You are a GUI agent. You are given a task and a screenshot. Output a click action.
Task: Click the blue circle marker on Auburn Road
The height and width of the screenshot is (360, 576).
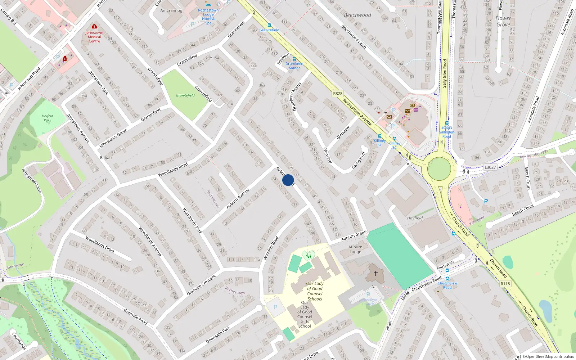pos(288,180)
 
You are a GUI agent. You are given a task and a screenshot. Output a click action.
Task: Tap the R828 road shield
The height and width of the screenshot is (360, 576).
pos(338,94)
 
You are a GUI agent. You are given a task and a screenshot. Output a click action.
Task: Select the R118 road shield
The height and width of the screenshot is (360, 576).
pos(505,284)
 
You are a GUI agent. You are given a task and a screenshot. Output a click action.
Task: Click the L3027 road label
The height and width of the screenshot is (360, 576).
pos(490,167)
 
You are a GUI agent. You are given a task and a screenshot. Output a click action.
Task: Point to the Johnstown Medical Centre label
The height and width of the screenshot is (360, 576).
pos(94,37)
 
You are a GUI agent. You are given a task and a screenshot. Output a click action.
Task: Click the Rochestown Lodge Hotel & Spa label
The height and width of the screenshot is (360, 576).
pos(208,17)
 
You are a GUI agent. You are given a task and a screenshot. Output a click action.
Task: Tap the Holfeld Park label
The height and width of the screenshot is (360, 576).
pos(48,118)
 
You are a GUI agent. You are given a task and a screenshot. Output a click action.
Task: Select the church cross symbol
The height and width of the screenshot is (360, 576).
pos(375,274)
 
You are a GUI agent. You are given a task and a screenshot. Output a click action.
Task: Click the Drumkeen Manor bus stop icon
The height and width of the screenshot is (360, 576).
pos(294,59)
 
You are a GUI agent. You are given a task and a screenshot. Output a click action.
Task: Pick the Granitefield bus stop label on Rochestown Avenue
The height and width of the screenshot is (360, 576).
pos(269,30)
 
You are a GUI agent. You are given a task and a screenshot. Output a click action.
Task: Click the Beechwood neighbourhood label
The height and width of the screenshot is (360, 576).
pos(357,15)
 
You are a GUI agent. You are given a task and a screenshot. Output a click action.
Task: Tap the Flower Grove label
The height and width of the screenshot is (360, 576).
pos(503,21)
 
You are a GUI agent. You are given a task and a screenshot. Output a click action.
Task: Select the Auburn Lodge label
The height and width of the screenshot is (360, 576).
pos(355,249)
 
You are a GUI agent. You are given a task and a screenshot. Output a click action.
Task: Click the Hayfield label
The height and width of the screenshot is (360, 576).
pos(415,218)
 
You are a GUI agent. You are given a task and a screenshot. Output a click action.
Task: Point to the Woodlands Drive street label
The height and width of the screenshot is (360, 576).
pos(100,244)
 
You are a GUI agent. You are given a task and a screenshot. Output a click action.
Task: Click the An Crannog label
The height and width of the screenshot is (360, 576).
pos(171,10)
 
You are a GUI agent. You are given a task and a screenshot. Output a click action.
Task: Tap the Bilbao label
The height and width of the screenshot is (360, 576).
pos(106,158)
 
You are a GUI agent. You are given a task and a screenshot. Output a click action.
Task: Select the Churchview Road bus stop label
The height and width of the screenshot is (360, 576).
pos(447,285)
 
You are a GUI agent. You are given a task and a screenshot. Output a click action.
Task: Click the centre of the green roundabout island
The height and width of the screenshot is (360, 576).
pos(439,168)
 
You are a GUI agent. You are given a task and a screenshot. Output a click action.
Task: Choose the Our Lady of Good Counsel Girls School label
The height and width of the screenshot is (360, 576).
pos(305,314)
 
